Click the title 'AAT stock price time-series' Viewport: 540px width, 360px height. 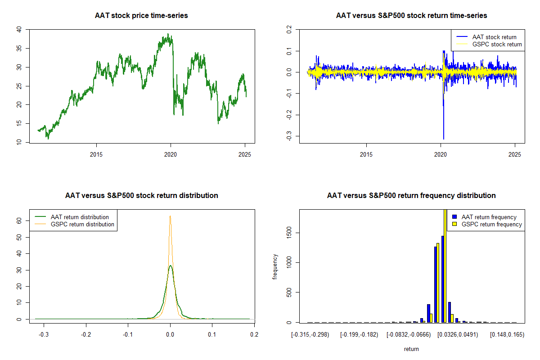141,16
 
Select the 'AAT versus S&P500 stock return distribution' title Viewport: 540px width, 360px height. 141,196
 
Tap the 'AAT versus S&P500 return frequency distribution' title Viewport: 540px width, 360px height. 411,196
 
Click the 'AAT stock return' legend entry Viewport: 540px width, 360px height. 494,37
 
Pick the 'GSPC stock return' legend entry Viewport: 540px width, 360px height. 497,45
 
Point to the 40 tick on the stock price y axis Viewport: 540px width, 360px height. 19,30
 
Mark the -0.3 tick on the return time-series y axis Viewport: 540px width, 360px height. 289,136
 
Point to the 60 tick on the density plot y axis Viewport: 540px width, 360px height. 19,221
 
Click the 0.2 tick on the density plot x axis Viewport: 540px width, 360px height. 254,335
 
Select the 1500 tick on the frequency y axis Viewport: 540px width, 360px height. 289,233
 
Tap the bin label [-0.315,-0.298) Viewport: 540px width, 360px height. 310,335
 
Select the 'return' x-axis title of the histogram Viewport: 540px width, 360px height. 411,349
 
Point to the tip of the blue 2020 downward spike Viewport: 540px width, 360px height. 443,139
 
